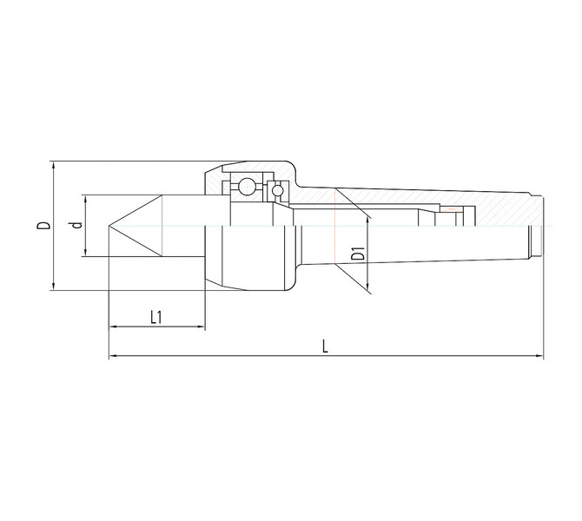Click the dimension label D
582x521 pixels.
coord(43,225)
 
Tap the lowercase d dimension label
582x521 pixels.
coord(76,225)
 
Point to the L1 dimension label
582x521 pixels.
coord(156,317)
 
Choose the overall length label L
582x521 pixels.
coord(325,346)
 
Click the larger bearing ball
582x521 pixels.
coord(246,186)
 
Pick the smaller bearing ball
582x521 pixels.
coord(277,191)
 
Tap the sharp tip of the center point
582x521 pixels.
coord(109,226)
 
